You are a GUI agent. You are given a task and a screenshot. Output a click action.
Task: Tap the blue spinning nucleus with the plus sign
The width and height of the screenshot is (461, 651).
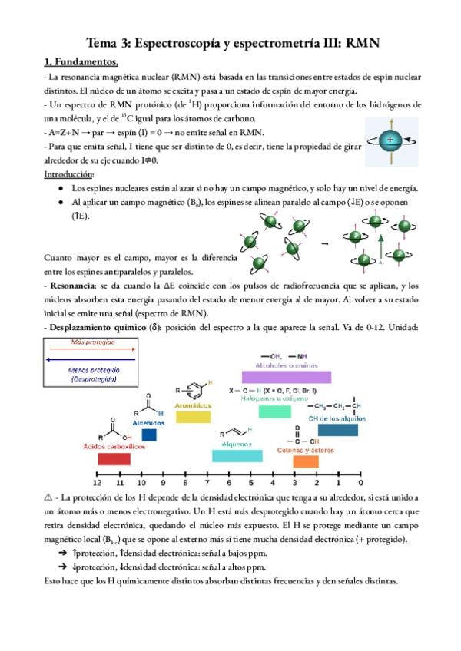[392, 140]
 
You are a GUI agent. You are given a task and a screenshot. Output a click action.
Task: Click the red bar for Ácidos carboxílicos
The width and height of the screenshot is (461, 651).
[113, 459]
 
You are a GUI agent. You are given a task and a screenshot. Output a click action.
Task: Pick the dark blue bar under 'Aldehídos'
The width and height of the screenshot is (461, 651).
[149, 435]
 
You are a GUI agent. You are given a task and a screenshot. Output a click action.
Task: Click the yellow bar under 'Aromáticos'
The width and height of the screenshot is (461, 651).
[193, 416]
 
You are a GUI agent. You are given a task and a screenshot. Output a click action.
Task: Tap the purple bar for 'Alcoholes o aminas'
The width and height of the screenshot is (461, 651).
[286, 376]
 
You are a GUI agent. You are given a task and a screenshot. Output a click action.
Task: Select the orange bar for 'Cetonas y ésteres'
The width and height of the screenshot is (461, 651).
[306, 461]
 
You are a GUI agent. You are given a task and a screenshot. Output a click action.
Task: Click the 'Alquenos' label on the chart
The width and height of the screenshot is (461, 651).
[237, 444]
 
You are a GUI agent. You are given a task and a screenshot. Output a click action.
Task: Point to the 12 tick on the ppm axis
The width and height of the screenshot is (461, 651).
[97, 484]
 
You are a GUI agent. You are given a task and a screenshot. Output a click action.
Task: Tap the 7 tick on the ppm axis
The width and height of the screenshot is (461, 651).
[207, 484]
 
